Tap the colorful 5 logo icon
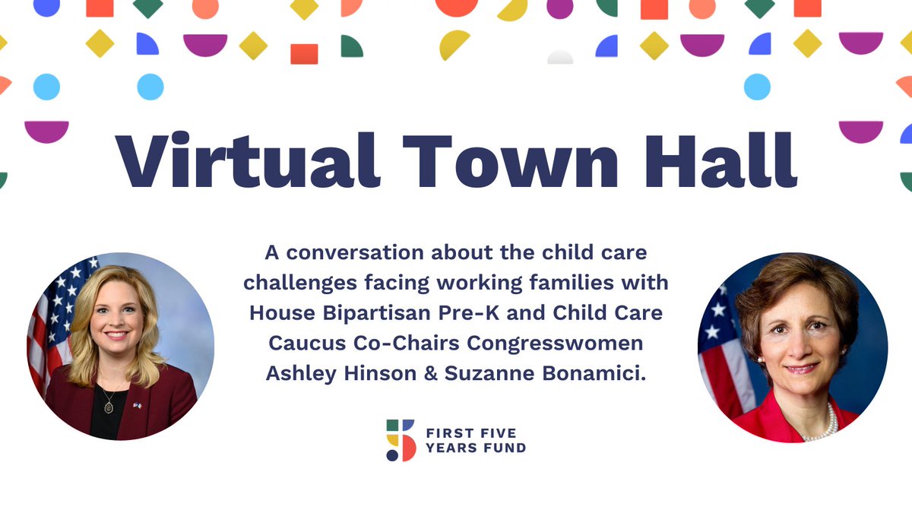tap(401, 440)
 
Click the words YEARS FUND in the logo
tap(475, 448)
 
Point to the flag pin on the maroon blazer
tap(137, 406)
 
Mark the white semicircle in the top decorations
tap(560, 58)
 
